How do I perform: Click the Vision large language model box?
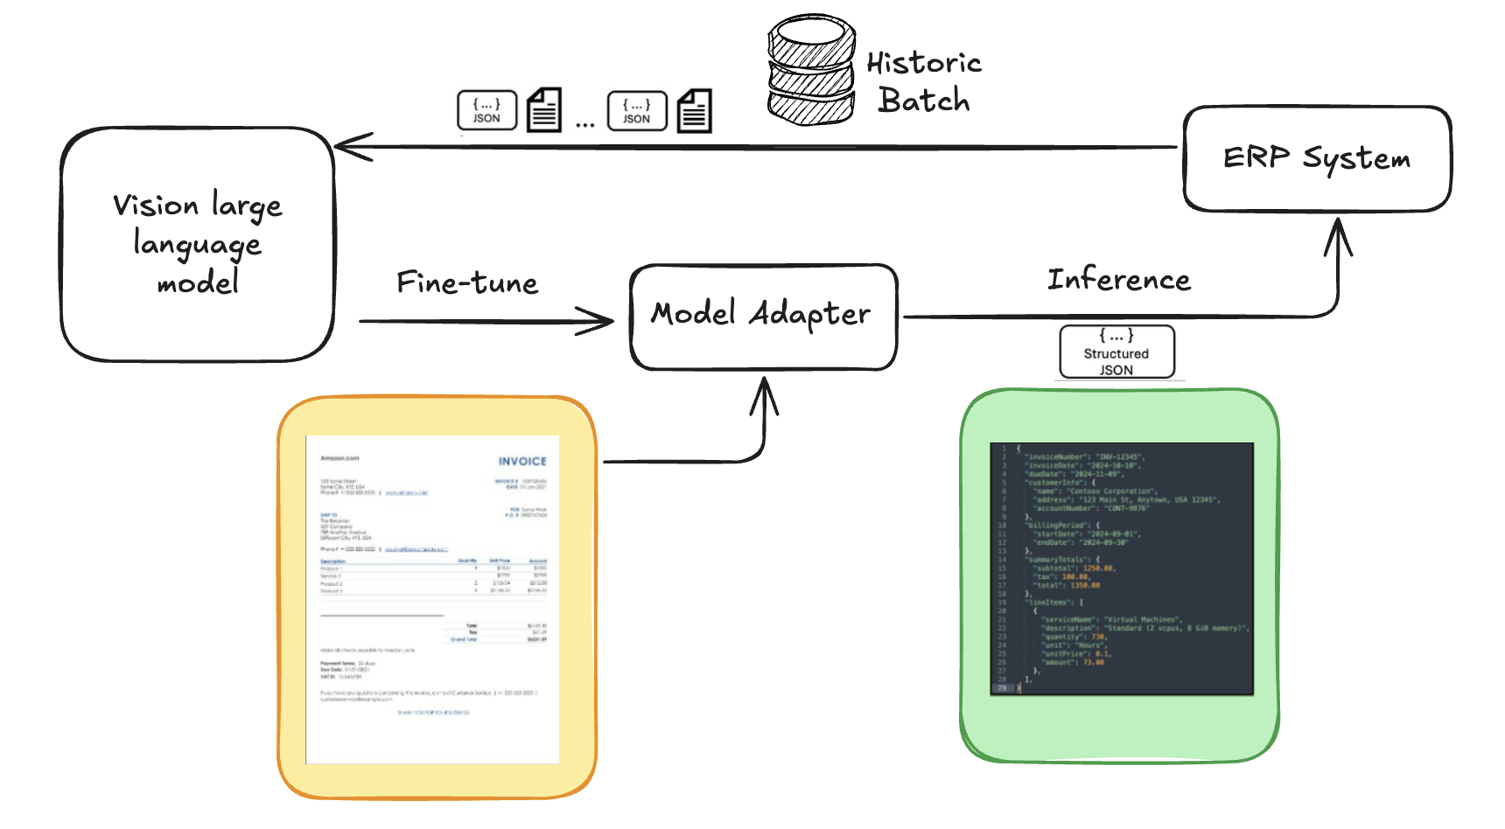point(198,245)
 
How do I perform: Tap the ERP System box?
point(1316,159)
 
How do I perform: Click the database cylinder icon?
point(811,70)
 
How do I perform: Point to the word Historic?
point(924,63)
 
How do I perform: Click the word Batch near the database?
point(924,101)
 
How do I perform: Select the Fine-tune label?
point(467,282)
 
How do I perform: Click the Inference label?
point(1118,279)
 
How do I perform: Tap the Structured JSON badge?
point(1116,352)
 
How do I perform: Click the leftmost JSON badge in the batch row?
point(486,110)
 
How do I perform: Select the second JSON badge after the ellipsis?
point(637,111)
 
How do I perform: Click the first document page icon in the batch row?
point(543,110)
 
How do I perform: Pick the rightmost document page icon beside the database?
point(694,111)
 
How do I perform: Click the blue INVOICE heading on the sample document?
point(522,461)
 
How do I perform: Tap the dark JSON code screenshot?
point(1122,568)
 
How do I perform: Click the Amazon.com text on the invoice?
point(339,458)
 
